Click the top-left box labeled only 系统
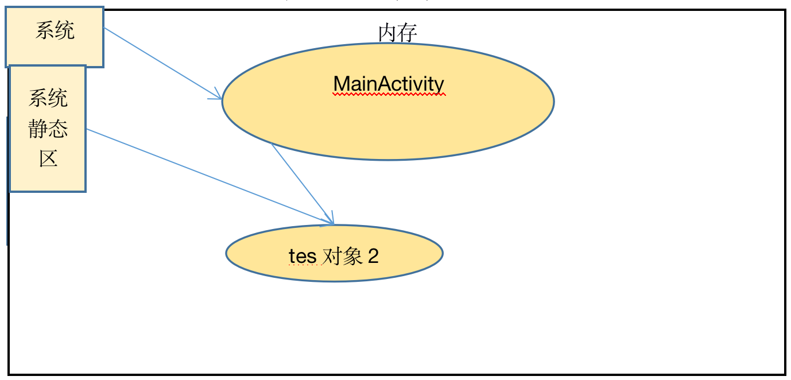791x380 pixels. (x=55, y=37)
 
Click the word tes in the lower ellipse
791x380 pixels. (x=303, y=256)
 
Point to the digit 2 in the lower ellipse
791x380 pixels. (x=373, y=256)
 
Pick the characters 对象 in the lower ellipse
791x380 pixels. (x=342, y=256)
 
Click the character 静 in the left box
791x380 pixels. (x=38, y=130)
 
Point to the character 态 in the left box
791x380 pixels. (x=59, y=130)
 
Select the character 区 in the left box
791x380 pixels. (x=48, y=158)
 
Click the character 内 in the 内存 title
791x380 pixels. (x=387, y=33)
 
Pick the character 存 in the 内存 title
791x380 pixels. (x=407, y=33)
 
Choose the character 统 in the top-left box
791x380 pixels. (x=65, y=30)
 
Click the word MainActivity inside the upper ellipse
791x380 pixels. (x=389, y=84)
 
